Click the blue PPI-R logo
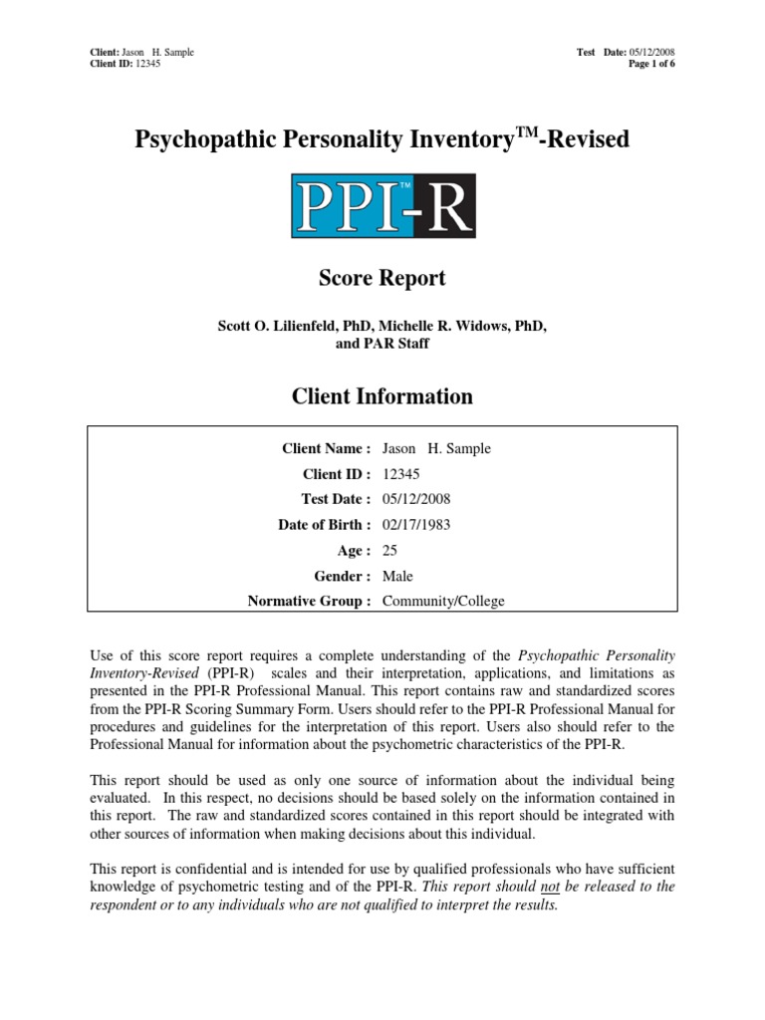pyautogui.click(x=382, y=206)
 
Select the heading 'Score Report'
pyautogui.click(x=382, y=279)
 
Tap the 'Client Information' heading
pyautogui.click(x=382, y=396)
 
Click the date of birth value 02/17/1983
pyautogui.click(x=416, y=525)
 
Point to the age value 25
pyautogui.click(x=390, y=550)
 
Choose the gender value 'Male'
pyautogui.click(x=397, y=576)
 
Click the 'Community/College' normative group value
pyautogui.click(x=443, y=601)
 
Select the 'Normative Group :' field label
pyautogui.click(x=309, y=601)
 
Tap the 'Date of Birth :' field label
pyautogui.click(x=324, y=525)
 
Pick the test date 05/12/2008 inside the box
pyautogui.click(x=416, y=499)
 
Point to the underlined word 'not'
pyautogui.click(x=550, y=887)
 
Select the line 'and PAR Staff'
pyautogui.click(x=382, y=344)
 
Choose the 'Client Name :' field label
pyautogui.click(x=327, y=448)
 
